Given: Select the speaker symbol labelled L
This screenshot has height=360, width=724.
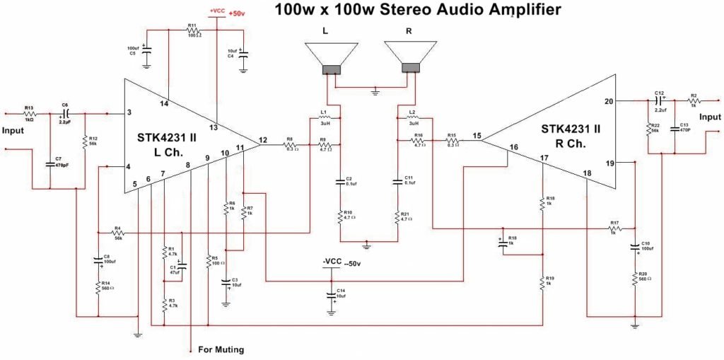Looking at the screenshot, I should click(x=332, y=57).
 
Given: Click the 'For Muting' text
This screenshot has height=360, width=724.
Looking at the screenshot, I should click(x=221, y=349).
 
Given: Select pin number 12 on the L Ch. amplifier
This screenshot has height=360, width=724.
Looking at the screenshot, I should click(x=263, y=139).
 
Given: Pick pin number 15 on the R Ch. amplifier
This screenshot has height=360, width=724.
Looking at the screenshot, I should click(x=477, y=135).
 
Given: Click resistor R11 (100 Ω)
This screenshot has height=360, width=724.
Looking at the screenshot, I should click(x=192, y=30).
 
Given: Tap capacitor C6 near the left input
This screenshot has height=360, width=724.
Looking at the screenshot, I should click(x=65, y=113).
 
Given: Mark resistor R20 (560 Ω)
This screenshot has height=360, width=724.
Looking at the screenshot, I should click(x=635, y=279).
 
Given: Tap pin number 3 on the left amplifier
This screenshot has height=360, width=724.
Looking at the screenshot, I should click(x=129, y=112).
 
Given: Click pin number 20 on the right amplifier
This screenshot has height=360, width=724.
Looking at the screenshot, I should click(x=608, y=101).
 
